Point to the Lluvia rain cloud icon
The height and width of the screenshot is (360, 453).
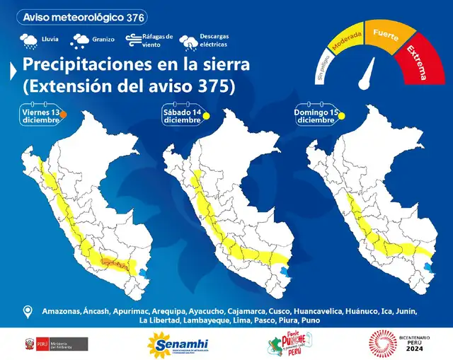[29, 40]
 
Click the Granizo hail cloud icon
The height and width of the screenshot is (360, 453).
[80, 40]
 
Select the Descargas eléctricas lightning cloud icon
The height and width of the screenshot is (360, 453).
[189, 42]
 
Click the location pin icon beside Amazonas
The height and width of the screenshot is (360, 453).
[28, 311]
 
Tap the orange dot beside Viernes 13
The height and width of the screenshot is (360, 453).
[63, 113]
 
